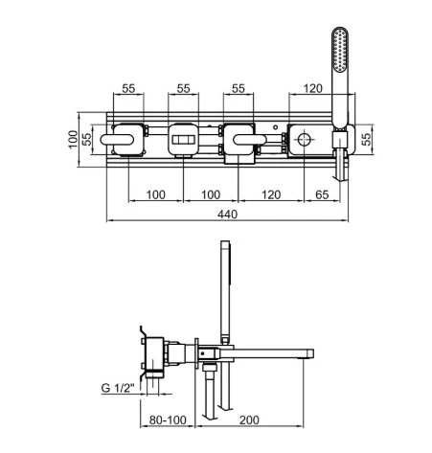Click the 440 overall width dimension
[x=227, y=214]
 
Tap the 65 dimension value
[x=322, y=194]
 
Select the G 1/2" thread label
[x=118, y=388]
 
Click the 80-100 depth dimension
[x=168, y=419]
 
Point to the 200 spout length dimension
[x=249, y=419]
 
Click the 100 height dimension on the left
[x=73, y=139]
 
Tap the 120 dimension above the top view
[x=312, y=88]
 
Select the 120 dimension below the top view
[x=271, y=194]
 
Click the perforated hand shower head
[x=340, y=49]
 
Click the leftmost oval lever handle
[x=117, y=140]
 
